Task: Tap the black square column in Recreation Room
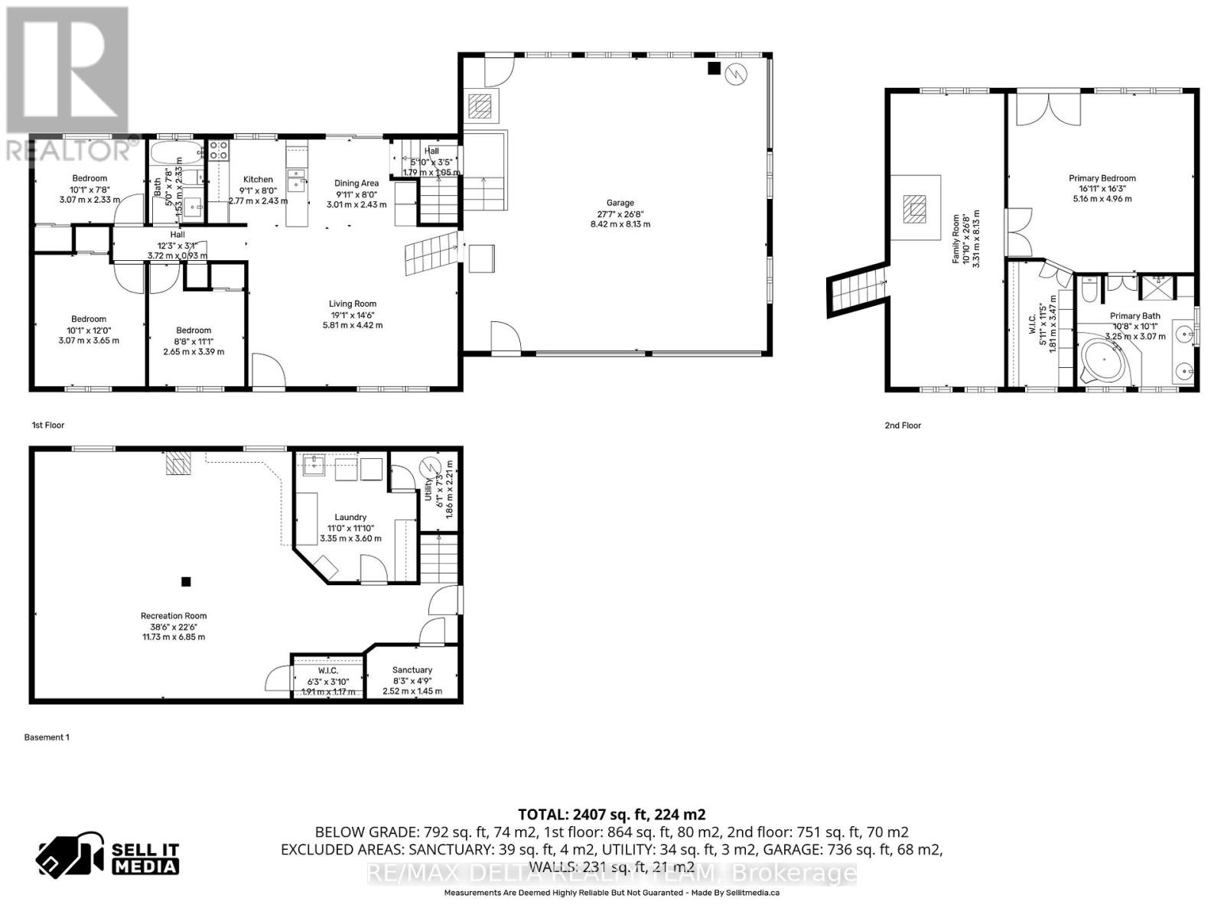(186, 581)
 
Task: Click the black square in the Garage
(714, 69)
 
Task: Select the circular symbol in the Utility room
(429, 467)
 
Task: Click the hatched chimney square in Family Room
(915, 208)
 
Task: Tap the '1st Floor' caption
(48, 425)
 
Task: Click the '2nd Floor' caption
(903, 425)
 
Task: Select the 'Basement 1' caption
(47, 737)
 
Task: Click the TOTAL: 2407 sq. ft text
(611, 815)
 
